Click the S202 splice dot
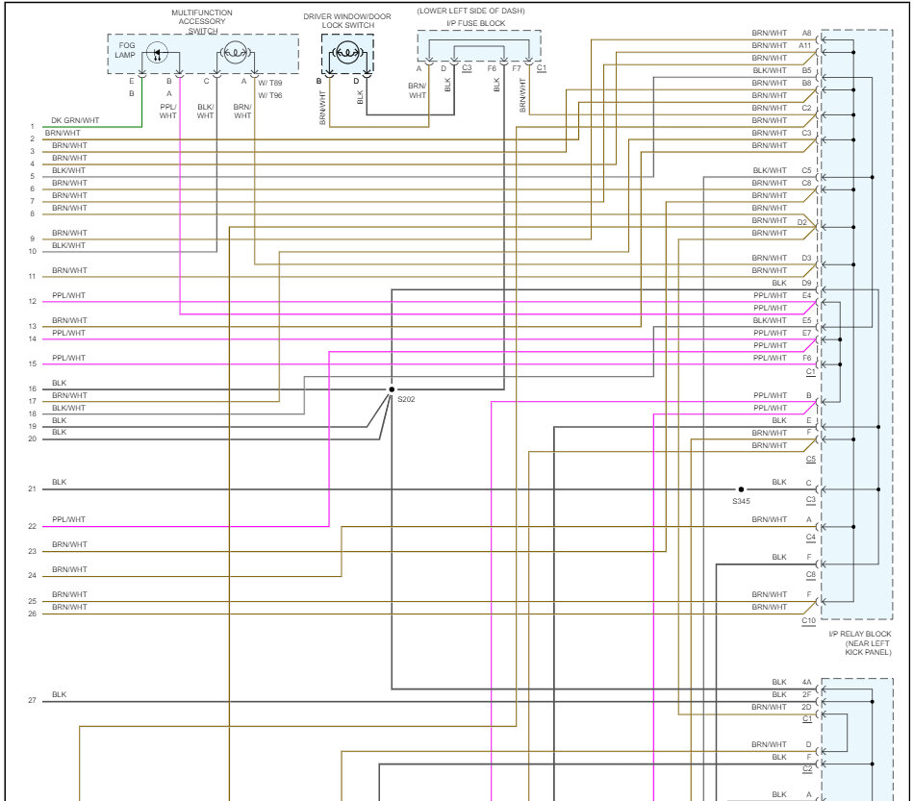click(391, 389)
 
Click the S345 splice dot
click(741, 489)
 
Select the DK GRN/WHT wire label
click(75, 120)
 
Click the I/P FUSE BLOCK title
click(475, 23)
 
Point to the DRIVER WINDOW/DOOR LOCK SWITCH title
click(346, 20)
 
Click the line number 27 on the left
click(32, 701)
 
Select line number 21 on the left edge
click(32, 489)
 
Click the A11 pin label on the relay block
click(805, 45)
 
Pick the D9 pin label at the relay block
click(806, 284)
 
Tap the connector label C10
click(808, 621)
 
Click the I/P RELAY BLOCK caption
click(859, 635)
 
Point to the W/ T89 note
click(269, 82)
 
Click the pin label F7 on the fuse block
click(517, 68)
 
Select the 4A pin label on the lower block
click(806, 682)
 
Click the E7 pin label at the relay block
click(806, 333)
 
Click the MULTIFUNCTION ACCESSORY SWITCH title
click(202, 21)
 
